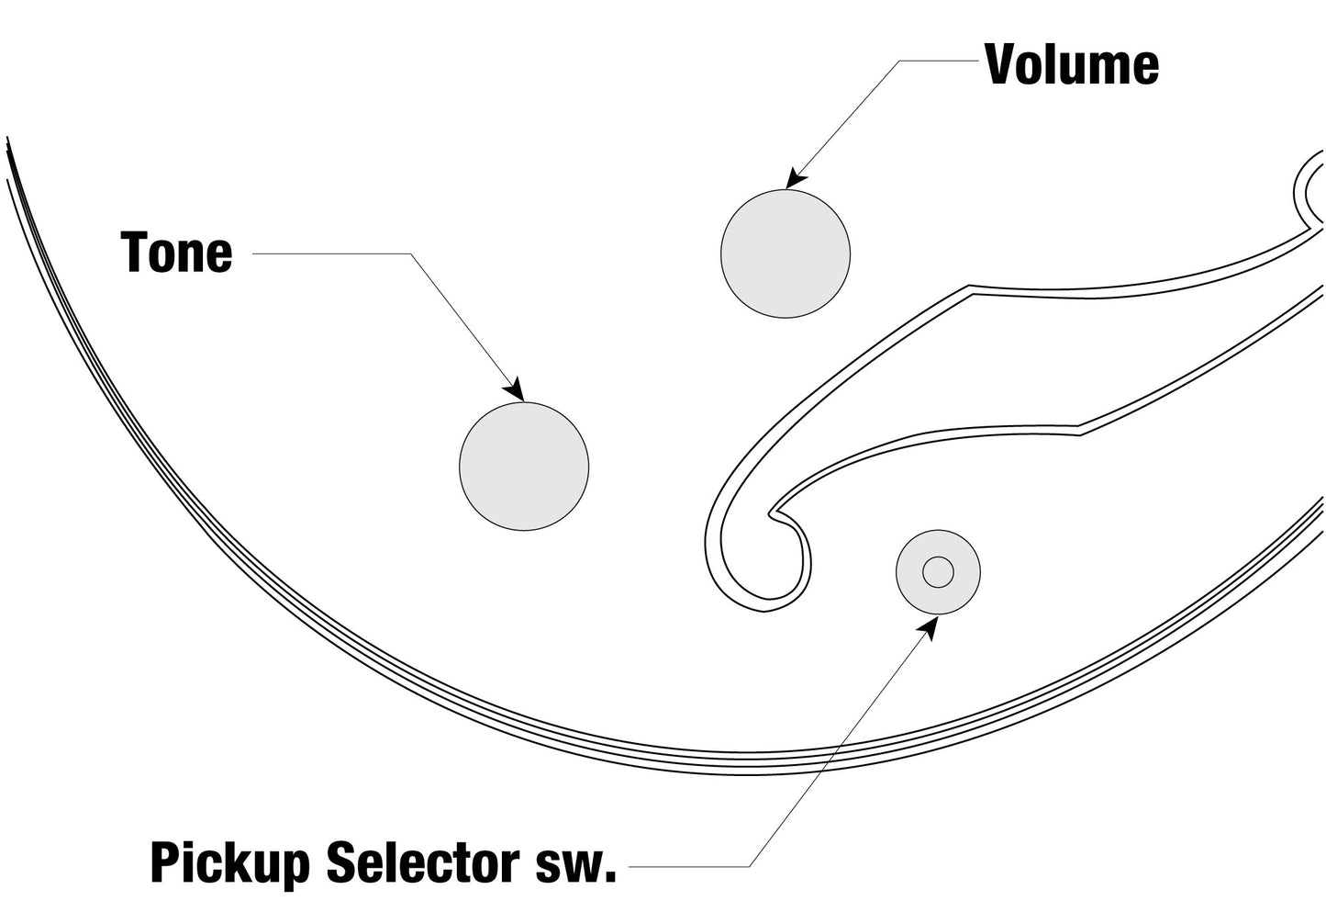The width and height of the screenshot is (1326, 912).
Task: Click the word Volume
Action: (1071, 64)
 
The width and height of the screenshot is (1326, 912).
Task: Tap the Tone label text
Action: (176, 253)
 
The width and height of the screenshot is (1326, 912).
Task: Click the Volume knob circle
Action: (786, 253)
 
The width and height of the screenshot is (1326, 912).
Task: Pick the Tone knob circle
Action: (524, 466)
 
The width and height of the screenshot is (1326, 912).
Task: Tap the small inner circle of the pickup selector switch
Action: (938, 572)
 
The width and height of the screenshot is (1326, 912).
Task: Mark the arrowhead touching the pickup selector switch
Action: (930, 627)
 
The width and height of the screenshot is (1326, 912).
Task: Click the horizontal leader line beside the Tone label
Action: (330, 253)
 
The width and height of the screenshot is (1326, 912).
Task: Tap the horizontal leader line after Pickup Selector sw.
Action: (688, 866)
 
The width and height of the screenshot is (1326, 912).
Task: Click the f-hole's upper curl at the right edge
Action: (1309, 188)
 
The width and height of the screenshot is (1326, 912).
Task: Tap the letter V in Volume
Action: (1002, 64)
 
